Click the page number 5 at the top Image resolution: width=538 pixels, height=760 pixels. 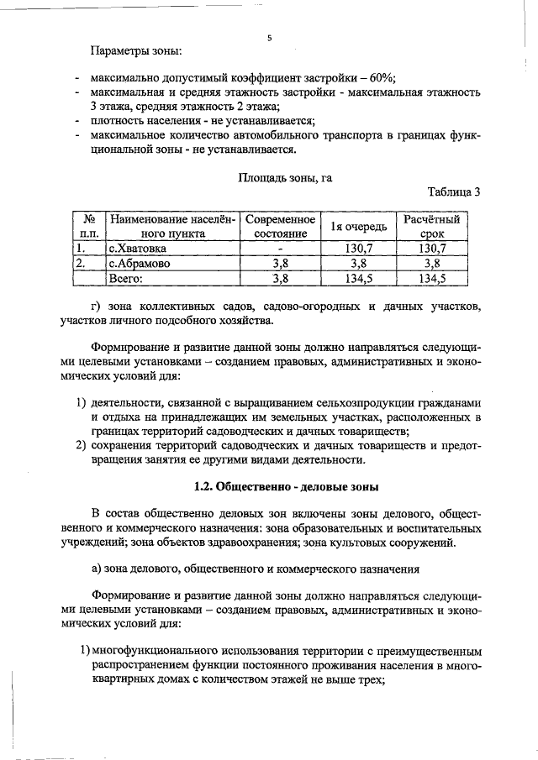[270, 38]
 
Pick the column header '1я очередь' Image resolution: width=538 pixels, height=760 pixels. [358, 227]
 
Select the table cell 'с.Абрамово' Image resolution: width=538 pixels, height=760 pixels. [139, 264]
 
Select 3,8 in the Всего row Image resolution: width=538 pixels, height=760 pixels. [279, 278]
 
